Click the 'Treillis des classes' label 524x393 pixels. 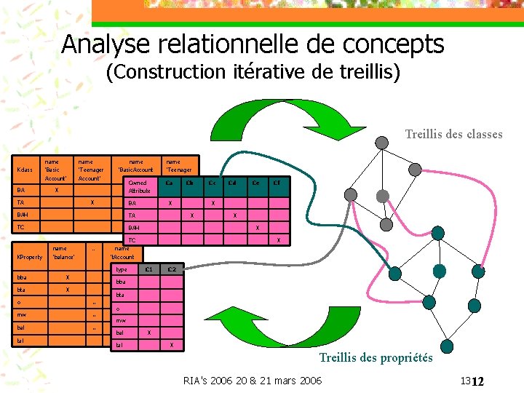point(453,133)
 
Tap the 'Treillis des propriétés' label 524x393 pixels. point(376,357)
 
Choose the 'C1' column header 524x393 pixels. point(148,270)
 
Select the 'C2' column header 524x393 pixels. point(171,270)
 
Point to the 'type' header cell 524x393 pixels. point(122,270)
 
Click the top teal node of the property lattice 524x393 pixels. point(437,233)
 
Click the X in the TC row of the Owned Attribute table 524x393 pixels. point(278,240)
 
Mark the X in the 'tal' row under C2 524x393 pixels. point(171,344)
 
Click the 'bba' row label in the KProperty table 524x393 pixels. point(22,277)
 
